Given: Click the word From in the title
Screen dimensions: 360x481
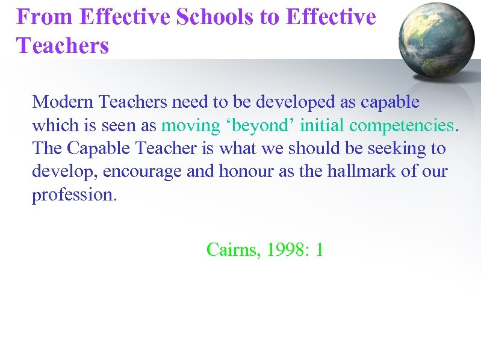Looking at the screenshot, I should point(44,17).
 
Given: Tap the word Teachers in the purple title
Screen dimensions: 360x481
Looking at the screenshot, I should point(63,45).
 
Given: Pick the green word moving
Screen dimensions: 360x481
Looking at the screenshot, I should point(191,125).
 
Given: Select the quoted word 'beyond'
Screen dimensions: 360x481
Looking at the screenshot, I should point(261,125).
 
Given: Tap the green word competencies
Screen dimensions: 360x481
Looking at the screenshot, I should point(401,125).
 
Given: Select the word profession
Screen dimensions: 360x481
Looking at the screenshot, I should point(73,194).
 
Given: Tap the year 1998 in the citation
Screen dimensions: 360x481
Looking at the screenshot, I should point(284,249).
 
